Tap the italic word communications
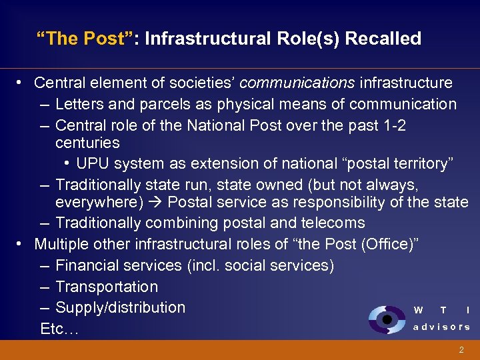point(297,83)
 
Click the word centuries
point(87,143)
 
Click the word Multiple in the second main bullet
point(61,244)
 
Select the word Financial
point(86,265)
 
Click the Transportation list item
point(107,287)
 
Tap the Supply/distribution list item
point(120,307)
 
